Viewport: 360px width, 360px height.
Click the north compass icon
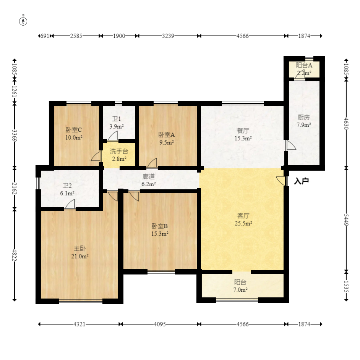pyautogui.click(x=23, y=21)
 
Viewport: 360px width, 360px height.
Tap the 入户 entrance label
pyautogui.click(x=301, y=181)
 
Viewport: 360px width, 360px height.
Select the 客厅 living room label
pyautogui.click(x=243, y=216)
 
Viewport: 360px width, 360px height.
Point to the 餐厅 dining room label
pyautogui.click(x=243, y=131)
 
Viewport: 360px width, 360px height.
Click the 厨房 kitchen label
pyautogui.click(x=304, y=117)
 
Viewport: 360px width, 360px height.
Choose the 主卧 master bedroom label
pyautogui.click(x=80, y=249)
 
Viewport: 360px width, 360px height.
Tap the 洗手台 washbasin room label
pyautogui.click(x=119, y=151)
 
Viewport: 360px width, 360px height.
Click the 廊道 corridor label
pyautogui.click(x=149, y=176)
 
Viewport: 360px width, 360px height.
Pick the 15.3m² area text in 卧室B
pyautogui.click(x=160, y=234)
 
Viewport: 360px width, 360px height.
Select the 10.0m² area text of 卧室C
pyautogui.click(x=74, y=137)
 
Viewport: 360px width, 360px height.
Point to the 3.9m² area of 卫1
pyautogui.click(x=117, y=126)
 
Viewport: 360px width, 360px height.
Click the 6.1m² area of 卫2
pyautogui.click(x=67, y=193)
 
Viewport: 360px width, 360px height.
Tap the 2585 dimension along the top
pyautogui.click(x=76, y=36)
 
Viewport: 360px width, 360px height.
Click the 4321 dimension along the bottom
pyautogui.click(x=79, y=324)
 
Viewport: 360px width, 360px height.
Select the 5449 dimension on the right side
pyautogui.click(x=346, y=220)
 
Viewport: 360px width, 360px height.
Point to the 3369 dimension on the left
pyautogui.click(x=15, y=136)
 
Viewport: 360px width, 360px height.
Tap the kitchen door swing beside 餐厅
pyautogui.click(x=291, y=145)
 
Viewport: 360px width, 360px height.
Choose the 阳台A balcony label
pyautogui.click(x=304, y=65)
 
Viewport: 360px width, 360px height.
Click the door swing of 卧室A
pyautogui.click(x=152, y=163)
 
